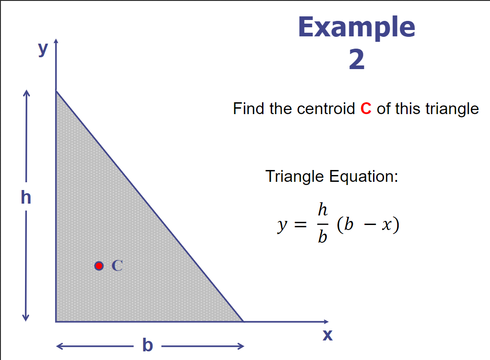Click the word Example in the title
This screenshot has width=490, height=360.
(x=356, y=27)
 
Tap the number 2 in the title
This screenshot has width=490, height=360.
(x=357, y=60)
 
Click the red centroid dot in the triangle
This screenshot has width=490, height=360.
(x=99, y=265)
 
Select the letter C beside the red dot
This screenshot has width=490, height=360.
(x=117, y=265)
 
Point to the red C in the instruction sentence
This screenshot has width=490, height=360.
(x=366, y=109)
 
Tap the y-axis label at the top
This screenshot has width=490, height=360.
(x=43, y=48)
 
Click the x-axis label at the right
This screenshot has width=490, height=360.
(x=328, y=335)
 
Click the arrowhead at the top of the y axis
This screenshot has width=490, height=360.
(x=56, y=42)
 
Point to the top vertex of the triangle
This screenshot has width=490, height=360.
(x=56, y=91)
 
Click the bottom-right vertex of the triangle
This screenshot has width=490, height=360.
(x=243, y=321)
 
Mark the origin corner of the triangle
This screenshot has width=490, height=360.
(x=56, y=321)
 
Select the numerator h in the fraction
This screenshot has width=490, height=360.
(x=323, y=210)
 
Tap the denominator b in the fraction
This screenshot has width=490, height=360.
(x=323, y=237)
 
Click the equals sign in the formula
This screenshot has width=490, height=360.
(x=298, y=224)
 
